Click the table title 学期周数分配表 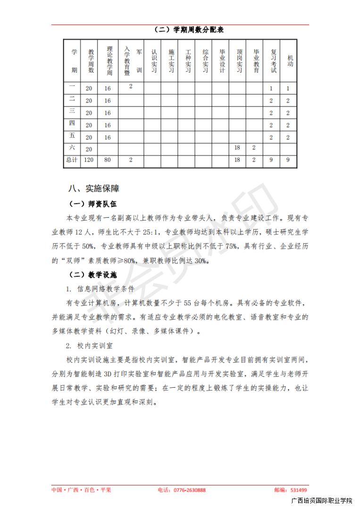[189, 30]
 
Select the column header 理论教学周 [109, 61]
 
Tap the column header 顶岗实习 [240, 61]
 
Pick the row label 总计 [72, 160]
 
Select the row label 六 [72, 148]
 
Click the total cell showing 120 [89, 160]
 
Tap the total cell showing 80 [108, 160]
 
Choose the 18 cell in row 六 [237, 148]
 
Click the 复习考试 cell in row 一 [271, 88]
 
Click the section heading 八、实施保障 [94, 188]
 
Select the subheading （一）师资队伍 [92, 204]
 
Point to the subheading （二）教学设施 [92, 274]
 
